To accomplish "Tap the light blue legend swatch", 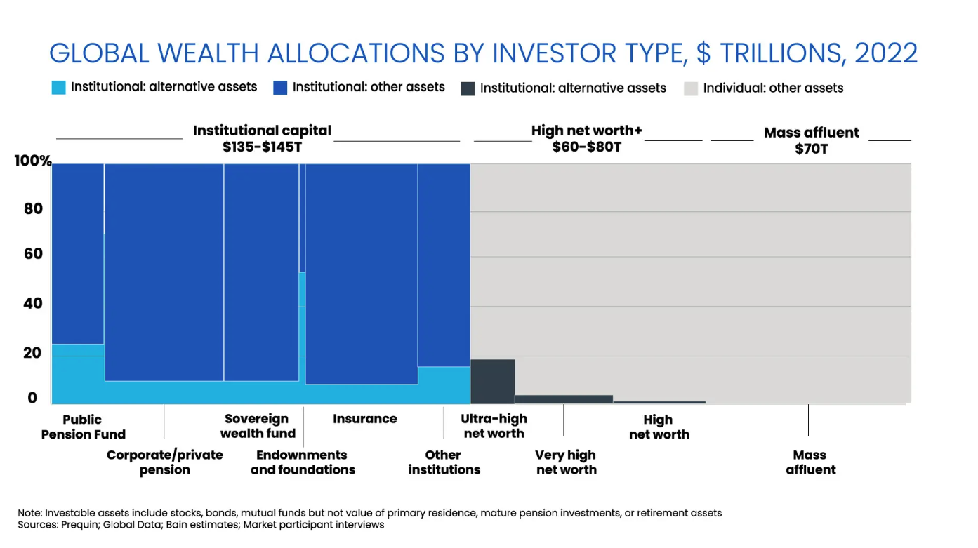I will pos(59,88).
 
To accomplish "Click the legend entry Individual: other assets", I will pos(773,88).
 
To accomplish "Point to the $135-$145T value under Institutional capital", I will pos(262,148).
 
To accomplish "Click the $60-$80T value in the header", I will pos(587,148).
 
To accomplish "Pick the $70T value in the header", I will pos(811,149).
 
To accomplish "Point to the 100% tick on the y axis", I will pos(32,161).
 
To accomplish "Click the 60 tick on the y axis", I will pos(32,254).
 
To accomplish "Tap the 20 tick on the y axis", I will pos(32,353).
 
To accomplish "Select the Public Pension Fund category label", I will pos(83,427).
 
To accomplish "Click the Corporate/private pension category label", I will pos(165,462).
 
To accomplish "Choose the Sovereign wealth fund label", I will pos(257,426).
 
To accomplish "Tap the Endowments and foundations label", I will pos(303,462).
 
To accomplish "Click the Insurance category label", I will pos(364,419).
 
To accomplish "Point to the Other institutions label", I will pos(444,462).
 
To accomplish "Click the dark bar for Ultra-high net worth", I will pos(492,381).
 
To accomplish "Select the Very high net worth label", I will pos(566,462).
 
